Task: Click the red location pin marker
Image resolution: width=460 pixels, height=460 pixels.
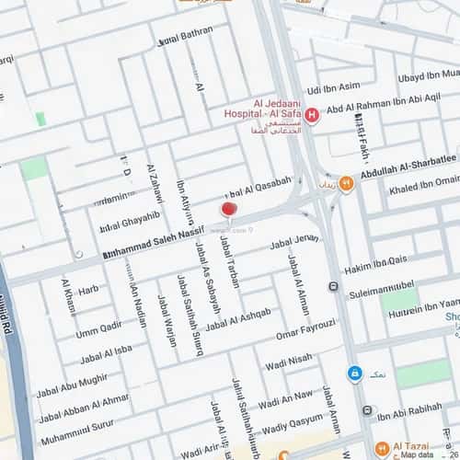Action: [228, 209]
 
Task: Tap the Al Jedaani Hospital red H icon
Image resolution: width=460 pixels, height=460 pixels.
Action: [312, 115]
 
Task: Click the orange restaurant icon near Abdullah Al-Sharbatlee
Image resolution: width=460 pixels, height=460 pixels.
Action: [346, 184]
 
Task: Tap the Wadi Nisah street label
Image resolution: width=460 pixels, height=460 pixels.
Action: [288, 363]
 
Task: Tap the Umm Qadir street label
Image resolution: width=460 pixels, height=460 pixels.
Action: [98, 328]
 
